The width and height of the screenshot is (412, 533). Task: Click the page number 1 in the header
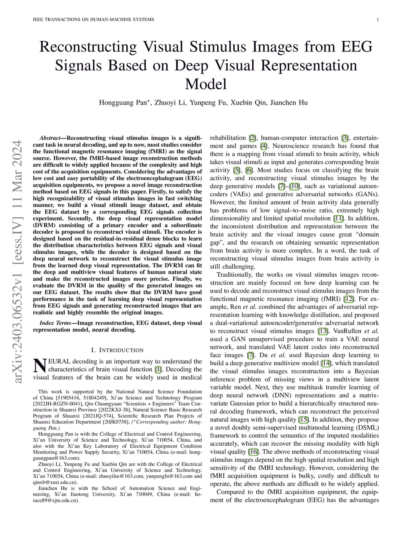(379, 20)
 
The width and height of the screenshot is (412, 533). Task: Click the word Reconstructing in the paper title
(88, 47)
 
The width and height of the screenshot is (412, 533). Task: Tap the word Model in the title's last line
(206, 84)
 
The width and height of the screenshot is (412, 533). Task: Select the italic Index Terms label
(56, 323)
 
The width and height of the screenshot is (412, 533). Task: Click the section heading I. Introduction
(117, 350)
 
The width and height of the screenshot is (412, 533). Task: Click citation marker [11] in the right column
(338, 218)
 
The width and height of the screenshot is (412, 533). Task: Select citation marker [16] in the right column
(253, 452)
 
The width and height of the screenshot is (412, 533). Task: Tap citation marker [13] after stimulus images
(322, 331)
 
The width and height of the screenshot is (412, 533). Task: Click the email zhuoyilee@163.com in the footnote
(121, 476)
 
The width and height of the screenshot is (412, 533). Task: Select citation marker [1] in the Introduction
(158, 369)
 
